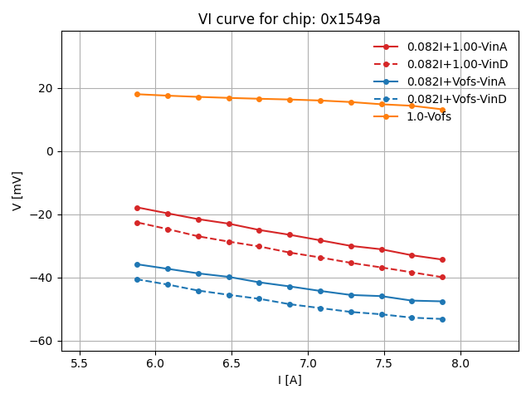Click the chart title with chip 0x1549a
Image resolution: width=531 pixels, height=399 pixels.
point(290,19)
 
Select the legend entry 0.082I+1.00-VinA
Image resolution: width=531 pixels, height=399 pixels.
point(456,47)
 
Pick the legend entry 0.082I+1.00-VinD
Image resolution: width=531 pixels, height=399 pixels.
point(456,64)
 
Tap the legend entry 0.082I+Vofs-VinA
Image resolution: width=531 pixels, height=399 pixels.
point(456,81)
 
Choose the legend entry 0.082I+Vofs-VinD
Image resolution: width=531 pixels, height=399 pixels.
point(456,99)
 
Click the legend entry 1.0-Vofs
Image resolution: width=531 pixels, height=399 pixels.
point(429,116)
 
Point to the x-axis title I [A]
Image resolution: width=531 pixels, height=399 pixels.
point(290,381)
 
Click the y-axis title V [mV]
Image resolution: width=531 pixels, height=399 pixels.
point(17,190)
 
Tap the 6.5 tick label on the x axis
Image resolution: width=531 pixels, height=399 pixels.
point(231,363)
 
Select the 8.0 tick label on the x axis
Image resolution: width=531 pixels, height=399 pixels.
point(460,363)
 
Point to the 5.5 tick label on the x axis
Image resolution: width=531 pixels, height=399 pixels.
point(79,363)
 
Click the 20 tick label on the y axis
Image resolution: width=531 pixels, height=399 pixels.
point(46,88)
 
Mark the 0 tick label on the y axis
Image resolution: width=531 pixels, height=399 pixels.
point(49,151)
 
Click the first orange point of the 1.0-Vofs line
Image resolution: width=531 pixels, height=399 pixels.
point(137,94)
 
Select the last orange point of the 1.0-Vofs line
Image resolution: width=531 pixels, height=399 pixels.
point(442,110)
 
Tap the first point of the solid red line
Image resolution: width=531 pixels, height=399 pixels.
point(137,208)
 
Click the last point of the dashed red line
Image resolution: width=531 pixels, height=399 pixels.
point(442,277)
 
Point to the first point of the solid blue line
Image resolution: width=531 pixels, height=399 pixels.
point(137,264)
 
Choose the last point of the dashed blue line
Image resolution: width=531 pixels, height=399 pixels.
point(442,319)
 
